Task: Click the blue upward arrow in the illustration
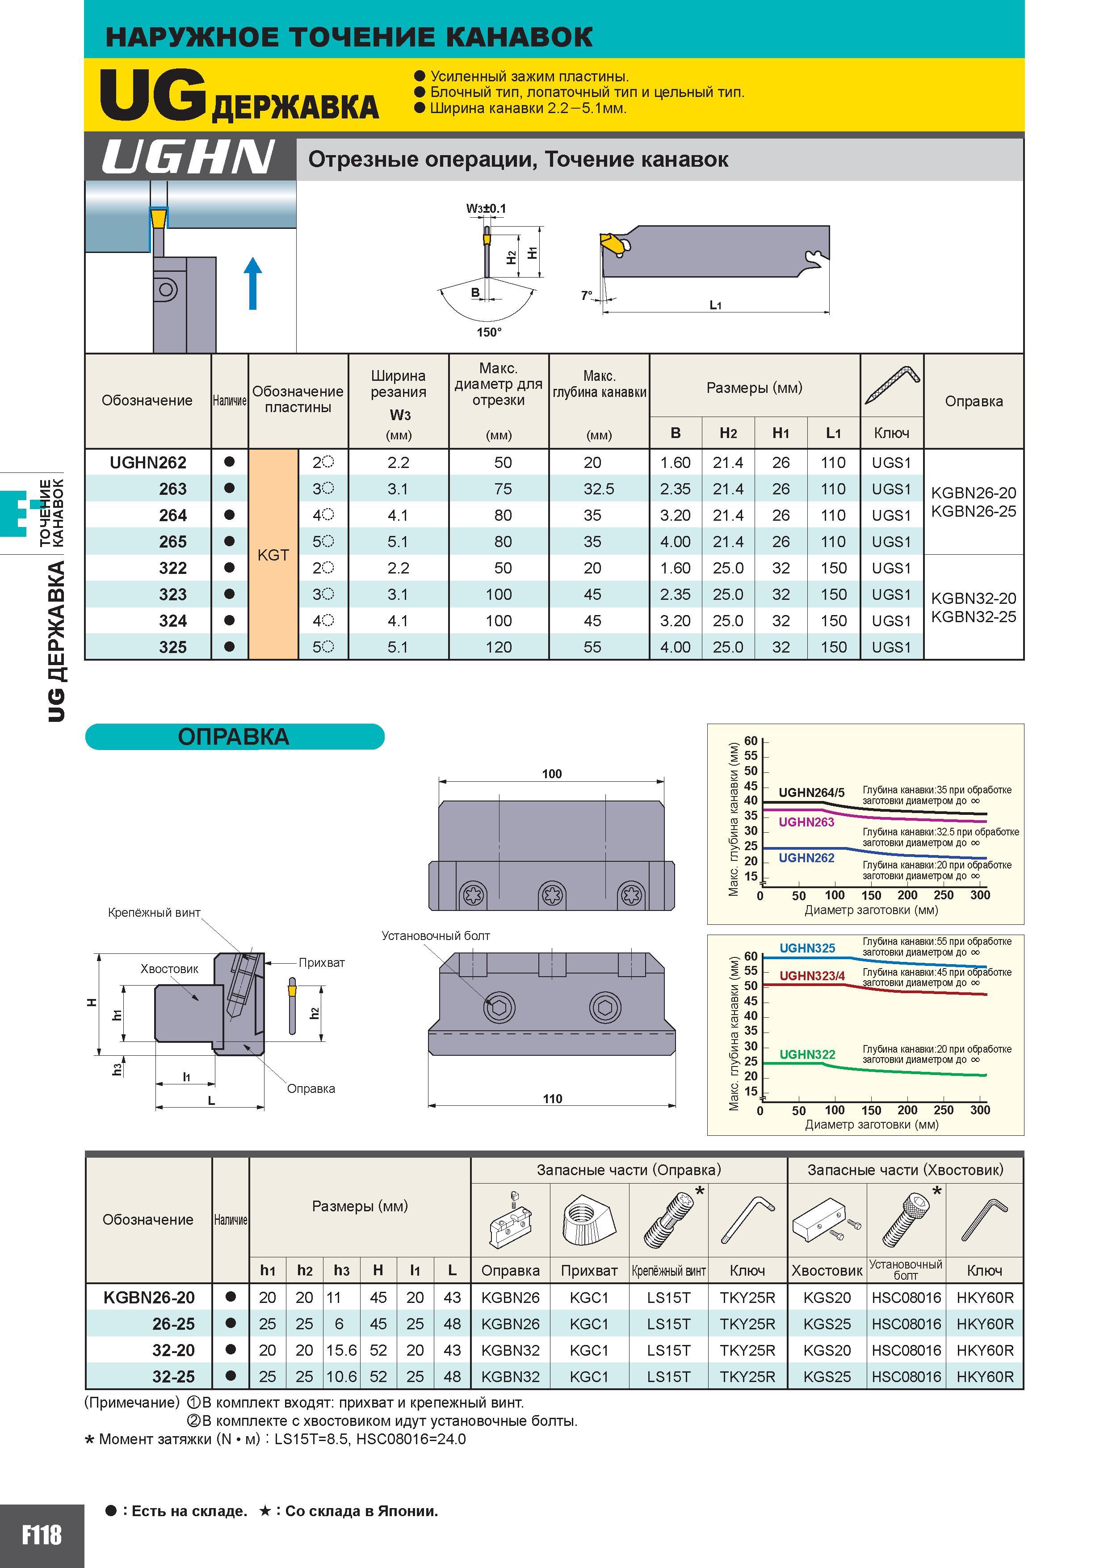(252, 283)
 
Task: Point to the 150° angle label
(489, 333)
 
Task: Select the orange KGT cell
(273, 555)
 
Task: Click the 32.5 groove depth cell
(599, 489)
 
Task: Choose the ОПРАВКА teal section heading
(234, 737)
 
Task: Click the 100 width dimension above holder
(552, 774)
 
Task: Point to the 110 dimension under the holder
(552, 1099)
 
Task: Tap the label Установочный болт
(436, 936)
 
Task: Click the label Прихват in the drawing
(322, 962)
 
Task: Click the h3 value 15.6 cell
(341, 1350)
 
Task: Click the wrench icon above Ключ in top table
(892, 385)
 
